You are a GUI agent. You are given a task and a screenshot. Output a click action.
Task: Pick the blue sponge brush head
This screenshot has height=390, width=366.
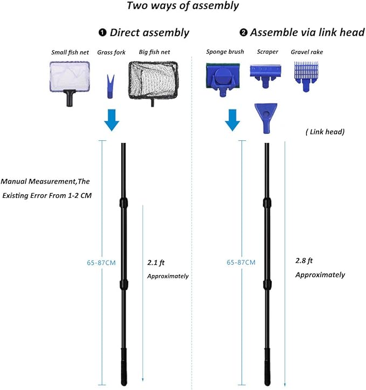click(x=224, y=77)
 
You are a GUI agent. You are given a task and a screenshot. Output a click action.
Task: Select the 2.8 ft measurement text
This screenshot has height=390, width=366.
click(x=305, y=260)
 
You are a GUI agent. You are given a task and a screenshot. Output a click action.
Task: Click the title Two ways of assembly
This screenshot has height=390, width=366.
click(x=182, y=6)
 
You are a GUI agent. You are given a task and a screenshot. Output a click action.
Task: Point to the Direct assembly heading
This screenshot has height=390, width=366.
click(x=149, y=32)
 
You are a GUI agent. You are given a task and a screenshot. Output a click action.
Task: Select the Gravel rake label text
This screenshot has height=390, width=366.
click(x=307, y=52)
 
